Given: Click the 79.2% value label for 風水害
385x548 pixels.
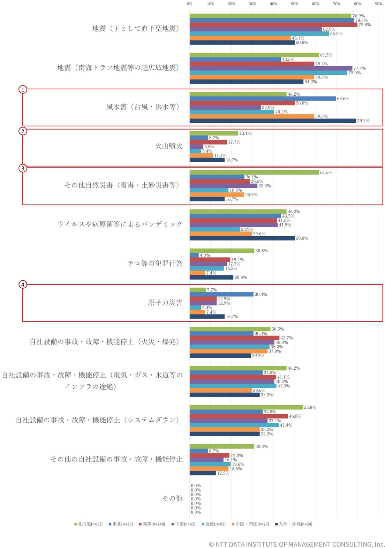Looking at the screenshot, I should tap(363, 121).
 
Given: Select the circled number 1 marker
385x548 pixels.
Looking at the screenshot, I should tap(23, 90).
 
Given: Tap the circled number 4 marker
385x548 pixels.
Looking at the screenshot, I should tap(23, 284).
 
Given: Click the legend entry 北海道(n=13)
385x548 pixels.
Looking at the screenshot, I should tap(89, 524).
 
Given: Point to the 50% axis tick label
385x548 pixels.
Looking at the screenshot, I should tap(295, 4).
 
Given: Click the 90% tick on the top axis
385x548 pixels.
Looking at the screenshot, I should tap(379, 4).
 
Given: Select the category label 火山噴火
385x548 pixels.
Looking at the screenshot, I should tap(169, 146).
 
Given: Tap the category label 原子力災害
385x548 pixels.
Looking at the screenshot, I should tap(165, 303).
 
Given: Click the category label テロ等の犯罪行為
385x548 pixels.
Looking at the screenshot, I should tap(155, 264).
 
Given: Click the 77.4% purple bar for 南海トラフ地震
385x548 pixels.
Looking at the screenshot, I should tap(271, 68).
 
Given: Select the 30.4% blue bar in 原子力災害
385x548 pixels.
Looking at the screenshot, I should tap(221, 294).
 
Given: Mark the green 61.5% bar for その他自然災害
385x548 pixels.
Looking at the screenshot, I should tap(254, 172).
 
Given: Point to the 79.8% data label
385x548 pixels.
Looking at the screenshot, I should tap(364, 25).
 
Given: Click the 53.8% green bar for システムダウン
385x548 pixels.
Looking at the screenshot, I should tap(246, 407).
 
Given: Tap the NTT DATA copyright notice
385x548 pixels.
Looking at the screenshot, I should tap(296, 544).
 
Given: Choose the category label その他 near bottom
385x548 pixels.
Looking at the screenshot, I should tap(172, 498).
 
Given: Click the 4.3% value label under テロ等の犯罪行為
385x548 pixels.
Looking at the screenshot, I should tap(205, 255).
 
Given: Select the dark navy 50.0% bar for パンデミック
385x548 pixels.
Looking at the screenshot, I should tap(242, 238).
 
